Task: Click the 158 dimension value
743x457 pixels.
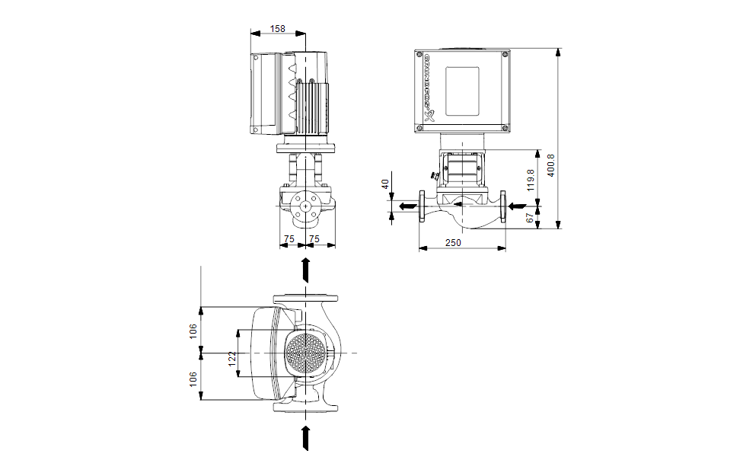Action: point(278,29)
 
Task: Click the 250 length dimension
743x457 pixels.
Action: point(454,242)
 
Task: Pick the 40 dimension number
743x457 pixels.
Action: point(385,184)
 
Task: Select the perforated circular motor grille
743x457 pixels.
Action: point(308,354)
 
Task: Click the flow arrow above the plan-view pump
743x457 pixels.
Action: point(306,270)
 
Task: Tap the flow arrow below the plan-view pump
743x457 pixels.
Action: point(306,437)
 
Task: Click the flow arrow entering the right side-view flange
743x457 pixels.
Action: point(517,206)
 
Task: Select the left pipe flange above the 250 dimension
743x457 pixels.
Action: point(422,206)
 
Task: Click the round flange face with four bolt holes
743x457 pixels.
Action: point(306,206)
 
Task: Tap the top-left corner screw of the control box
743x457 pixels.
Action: point(419,55)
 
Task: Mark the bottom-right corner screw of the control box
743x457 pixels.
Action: point(505,127)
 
